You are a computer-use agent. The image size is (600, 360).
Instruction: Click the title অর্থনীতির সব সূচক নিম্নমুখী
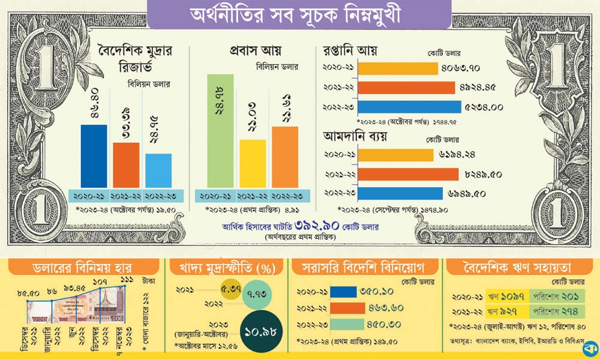[300, 14]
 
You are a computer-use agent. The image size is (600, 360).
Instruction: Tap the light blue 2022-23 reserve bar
[158, 170]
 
